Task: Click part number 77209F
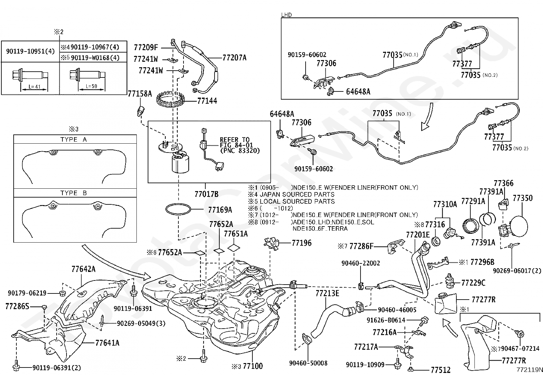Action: [146, 47]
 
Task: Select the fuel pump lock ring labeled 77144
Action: [170, 99]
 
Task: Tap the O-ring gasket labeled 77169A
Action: [178, 209]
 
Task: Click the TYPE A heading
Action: [73, 140]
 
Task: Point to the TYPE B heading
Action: [73, 193]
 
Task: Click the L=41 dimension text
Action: [34, 87]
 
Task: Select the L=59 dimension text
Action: [91, 86]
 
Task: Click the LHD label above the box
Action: [286, 15]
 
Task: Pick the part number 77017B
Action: [206, 194]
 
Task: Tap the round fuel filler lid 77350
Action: [519, 226]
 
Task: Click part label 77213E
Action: [327, 293]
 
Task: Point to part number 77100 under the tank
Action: [253, 366]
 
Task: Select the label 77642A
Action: [83, 269]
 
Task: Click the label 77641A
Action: [107, 343]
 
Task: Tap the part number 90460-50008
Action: [308, 363]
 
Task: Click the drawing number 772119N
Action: [529, 370]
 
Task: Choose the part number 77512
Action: [440, 370]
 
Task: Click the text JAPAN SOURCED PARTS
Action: [297, 194]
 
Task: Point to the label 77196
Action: [302, 243]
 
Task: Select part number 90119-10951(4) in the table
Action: [30, 51]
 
